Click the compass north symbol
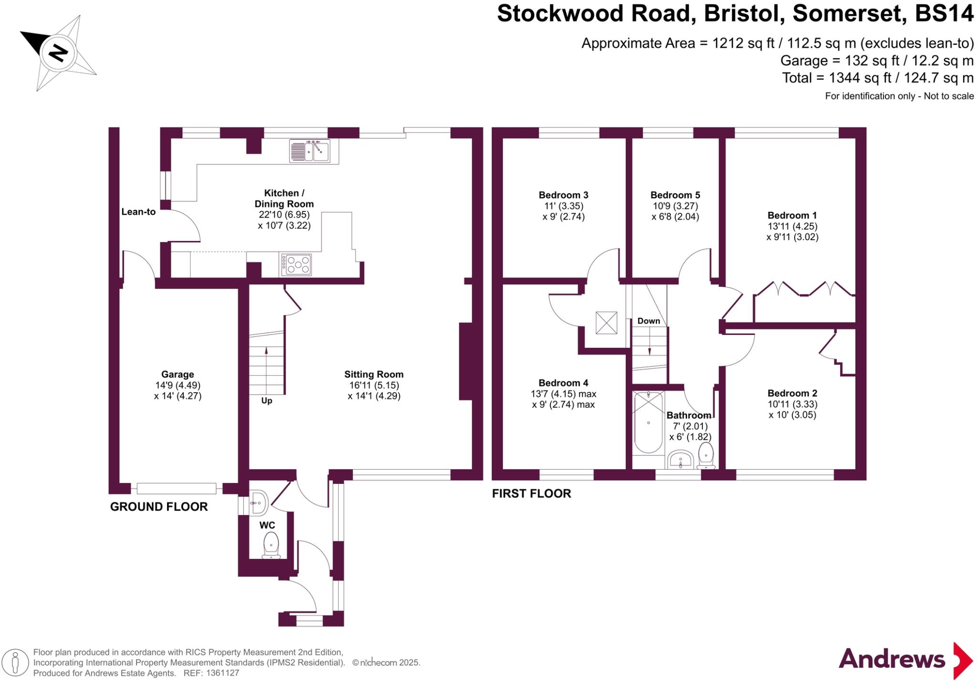58,52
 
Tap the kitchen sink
310,151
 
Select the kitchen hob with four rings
296,265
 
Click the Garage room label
177,375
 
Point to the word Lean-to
138,212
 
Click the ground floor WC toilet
271,545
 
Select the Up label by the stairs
267,400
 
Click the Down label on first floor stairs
649,321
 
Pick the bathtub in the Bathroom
648,422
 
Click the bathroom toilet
706,455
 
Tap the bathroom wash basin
680,460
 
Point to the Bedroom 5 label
675,195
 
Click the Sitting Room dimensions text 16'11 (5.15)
374,385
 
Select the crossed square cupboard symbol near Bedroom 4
606,323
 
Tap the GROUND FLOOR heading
159,507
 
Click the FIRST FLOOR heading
531,493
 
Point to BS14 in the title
944,14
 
